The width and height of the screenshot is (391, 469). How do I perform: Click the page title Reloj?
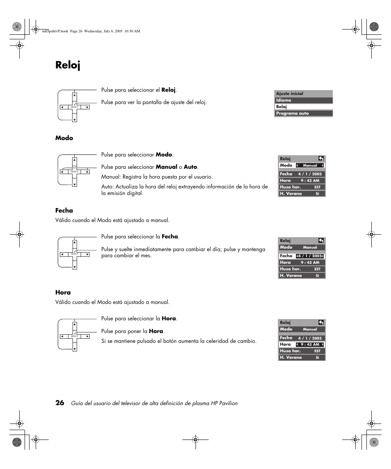click(68, 65)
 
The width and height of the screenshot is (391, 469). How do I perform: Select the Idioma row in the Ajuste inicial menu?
click(303, 100)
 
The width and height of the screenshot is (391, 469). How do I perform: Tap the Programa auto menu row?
click(303, 113)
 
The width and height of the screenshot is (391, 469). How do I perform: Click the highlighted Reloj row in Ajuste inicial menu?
click(303, 106)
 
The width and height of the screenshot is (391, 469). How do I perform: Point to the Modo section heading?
click(64, 138)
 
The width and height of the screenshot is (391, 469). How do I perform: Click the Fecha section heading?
click(64, 211)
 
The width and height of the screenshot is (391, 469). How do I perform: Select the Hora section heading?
click(63, 292)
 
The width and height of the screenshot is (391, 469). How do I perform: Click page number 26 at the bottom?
click(60, 403)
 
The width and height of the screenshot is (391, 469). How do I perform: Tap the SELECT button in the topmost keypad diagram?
click(75, 107)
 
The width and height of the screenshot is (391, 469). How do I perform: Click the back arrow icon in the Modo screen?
click(321, 159)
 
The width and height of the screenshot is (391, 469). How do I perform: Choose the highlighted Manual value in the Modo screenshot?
click(310, 165)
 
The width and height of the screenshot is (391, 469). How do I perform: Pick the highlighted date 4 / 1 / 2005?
click(310, 256)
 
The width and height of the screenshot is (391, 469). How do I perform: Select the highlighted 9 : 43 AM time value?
click(310, 344)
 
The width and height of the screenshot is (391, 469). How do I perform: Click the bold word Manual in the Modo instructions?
click(166, 167)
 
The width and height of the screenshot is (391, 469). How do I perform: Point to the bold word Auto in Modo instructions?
click(191, 167)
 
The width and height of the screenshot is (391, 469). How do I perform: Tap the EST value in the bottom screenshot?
click(317, 351)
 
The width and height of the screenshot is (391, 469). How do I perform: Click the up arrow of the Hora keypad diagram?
click(75, 324)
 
